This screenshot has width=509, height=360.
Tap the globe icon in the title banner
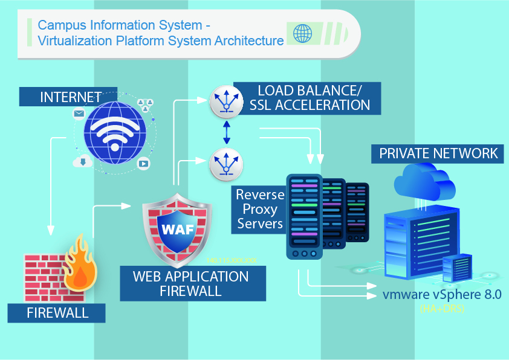(x=302, y=33)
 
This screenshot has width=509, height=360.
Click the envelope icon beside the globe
(x=79, y=113)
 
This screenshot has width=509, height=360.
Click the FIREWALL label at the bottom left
(x=57, y=313)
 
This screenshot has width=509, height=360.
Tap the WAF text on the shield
(x=177, y=230)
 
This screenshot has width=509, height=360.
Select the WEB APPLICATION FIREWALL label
(x=190, y=283)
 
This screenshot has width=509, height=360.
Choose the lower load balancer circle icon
(x=225, y=164)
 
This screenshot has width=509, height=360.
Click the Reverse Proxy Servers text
(x=261, y=209)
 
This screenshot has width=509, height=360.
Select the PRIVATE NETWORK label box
(x=438, y=153)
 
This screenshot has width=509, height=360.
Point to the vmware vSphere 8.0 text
(x=443, y=295)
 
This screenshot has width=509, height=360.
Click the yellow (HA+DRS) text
(x=443, y=309)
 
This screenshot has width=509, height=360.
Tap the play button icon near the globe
(x=144, y=163)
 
